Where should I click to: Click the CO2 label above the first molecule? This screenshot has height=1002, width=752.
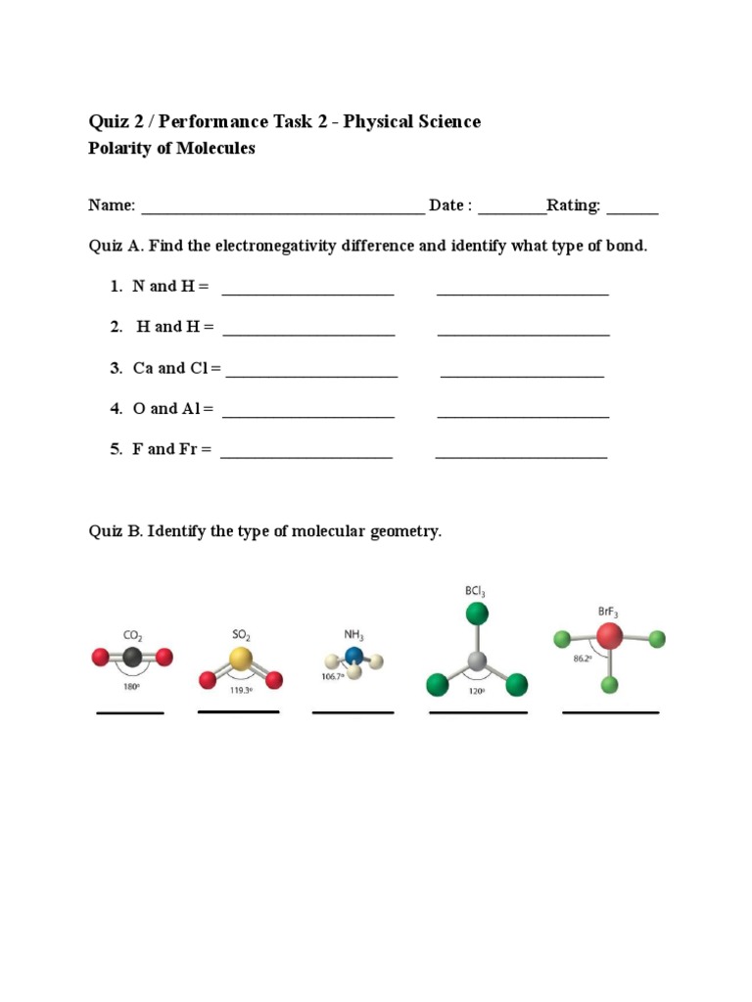tap(132, 635)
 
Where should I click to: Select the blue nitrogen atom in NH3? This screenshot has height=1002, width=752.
tap(354, 656)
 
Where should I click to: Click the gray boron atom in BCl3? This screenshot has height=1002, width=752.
tap(477, 662)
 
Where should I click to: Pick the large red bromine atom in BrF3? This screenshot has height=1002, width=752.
tap(609, 638)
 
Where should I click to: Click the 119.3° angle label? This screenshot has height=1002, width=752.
tap(241, 690)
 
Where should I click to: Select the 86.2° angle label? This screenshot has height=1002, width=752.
tap(584, 659)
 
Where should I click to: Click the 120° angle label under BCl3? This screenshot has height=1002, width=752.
tap(477, 690)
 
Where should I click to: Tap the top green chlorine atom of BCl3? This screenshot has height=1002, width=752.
tap(477, 614)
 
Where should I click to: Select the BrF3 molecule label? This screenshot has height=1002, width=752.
tap(608, 613)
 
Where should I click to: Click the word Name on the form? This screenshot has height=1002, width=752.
tap(110, 205)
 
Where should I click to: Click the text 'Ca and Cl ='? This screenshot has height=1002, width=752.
tap(177, 368)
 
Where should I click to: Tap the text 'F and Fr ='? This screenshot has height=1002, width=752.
tap(171, 449)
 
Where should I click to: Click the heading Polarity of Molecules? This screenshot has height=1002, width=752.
tap(171, 149)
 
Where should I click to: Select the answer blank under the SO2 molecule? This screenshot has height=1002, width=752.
tap(239, 711)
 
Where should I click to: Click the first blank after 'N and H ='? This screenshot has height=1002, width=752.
tap(308, 290)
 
